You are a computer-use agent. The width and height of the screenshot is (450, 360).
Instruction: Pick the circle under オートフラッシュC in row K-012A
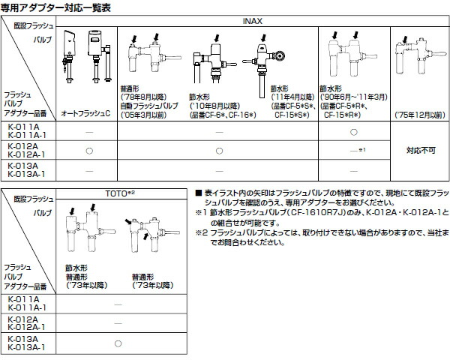[89, 151]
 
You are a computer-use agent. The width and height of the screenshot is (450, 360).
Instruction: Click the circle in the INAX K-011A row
[352, 132]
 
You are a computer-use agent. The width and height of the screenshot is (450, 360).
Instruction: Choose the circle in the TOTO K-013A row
[118, 343]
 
